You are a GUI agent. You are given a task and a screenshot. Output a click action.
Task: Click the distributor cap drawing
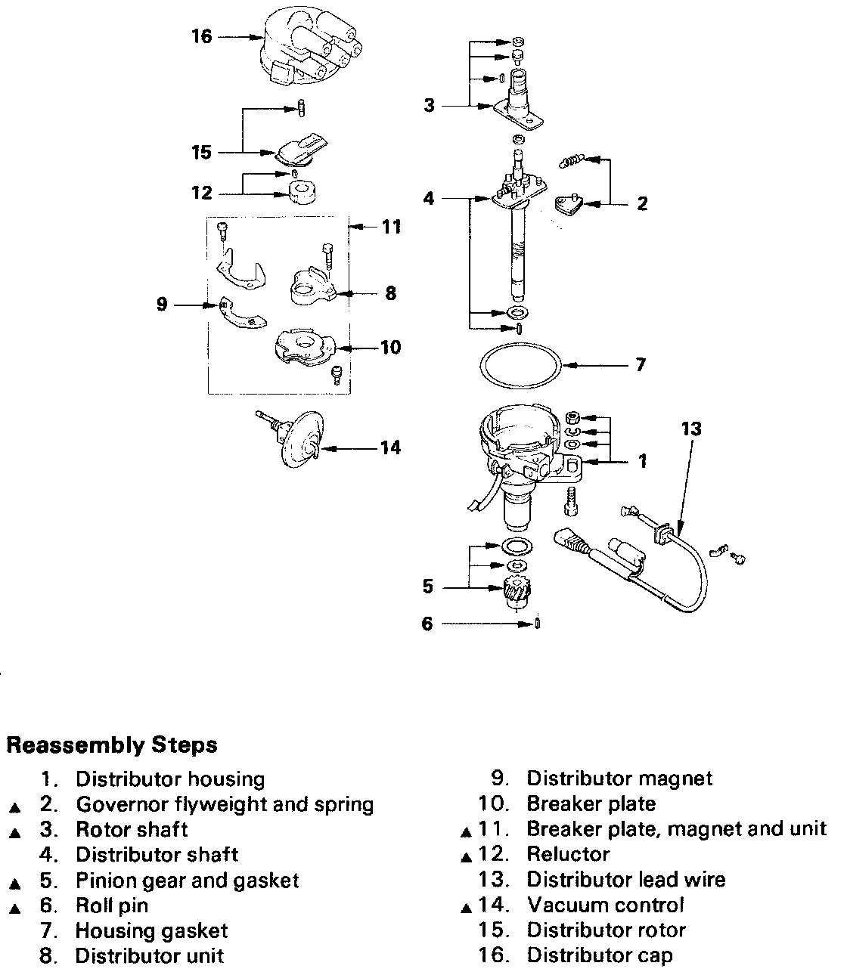(309, 45)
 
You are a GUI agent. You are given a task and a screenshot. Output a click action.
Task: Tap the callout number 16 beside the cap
(201, 36)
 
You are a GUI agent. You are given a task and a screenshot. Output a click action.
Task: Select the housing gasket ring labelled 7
(520, 365)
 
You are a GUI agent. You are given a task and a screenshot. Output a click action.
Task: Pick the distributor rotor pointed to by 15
(301, 150)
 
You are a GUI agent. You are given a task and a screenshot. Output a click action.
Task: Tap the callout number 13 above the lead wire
(691, 429)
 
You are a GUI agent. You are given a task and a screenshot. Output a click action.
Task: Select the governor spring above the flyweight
(572, 160)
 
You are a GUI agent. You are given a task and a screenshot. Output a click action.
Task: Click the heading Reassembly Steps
(112, 745)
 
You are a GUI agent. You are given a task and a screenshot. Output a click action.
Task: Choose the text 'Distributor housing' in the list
(170, 779)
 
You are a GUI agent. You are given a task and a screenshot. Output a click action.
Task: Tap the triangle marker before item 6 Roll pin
(15, 909)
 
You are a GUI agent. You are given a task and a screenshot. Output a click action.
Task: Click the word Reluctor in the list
(568, 854)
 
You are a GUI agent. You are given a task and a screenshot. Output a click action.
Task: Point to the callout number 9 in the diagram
(162, 304)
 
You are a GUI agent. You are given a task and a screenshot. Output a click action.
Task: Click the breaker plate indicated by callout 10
(304, 346)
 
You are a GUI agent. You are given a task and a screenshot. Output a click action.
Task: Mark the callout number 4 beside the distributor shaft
(429, 198)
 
